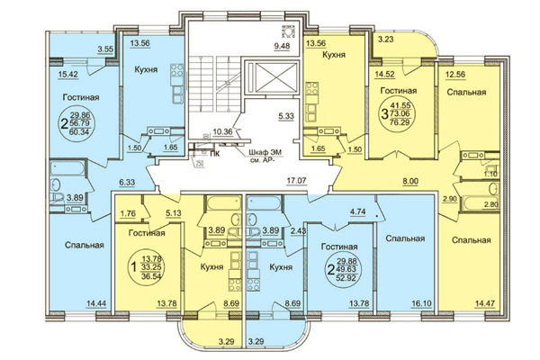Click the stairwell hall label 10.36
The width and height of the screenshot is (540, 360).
[x=222, y=132]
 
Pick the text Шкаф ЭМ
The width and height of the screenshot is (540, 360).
[x=265, y=153]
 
